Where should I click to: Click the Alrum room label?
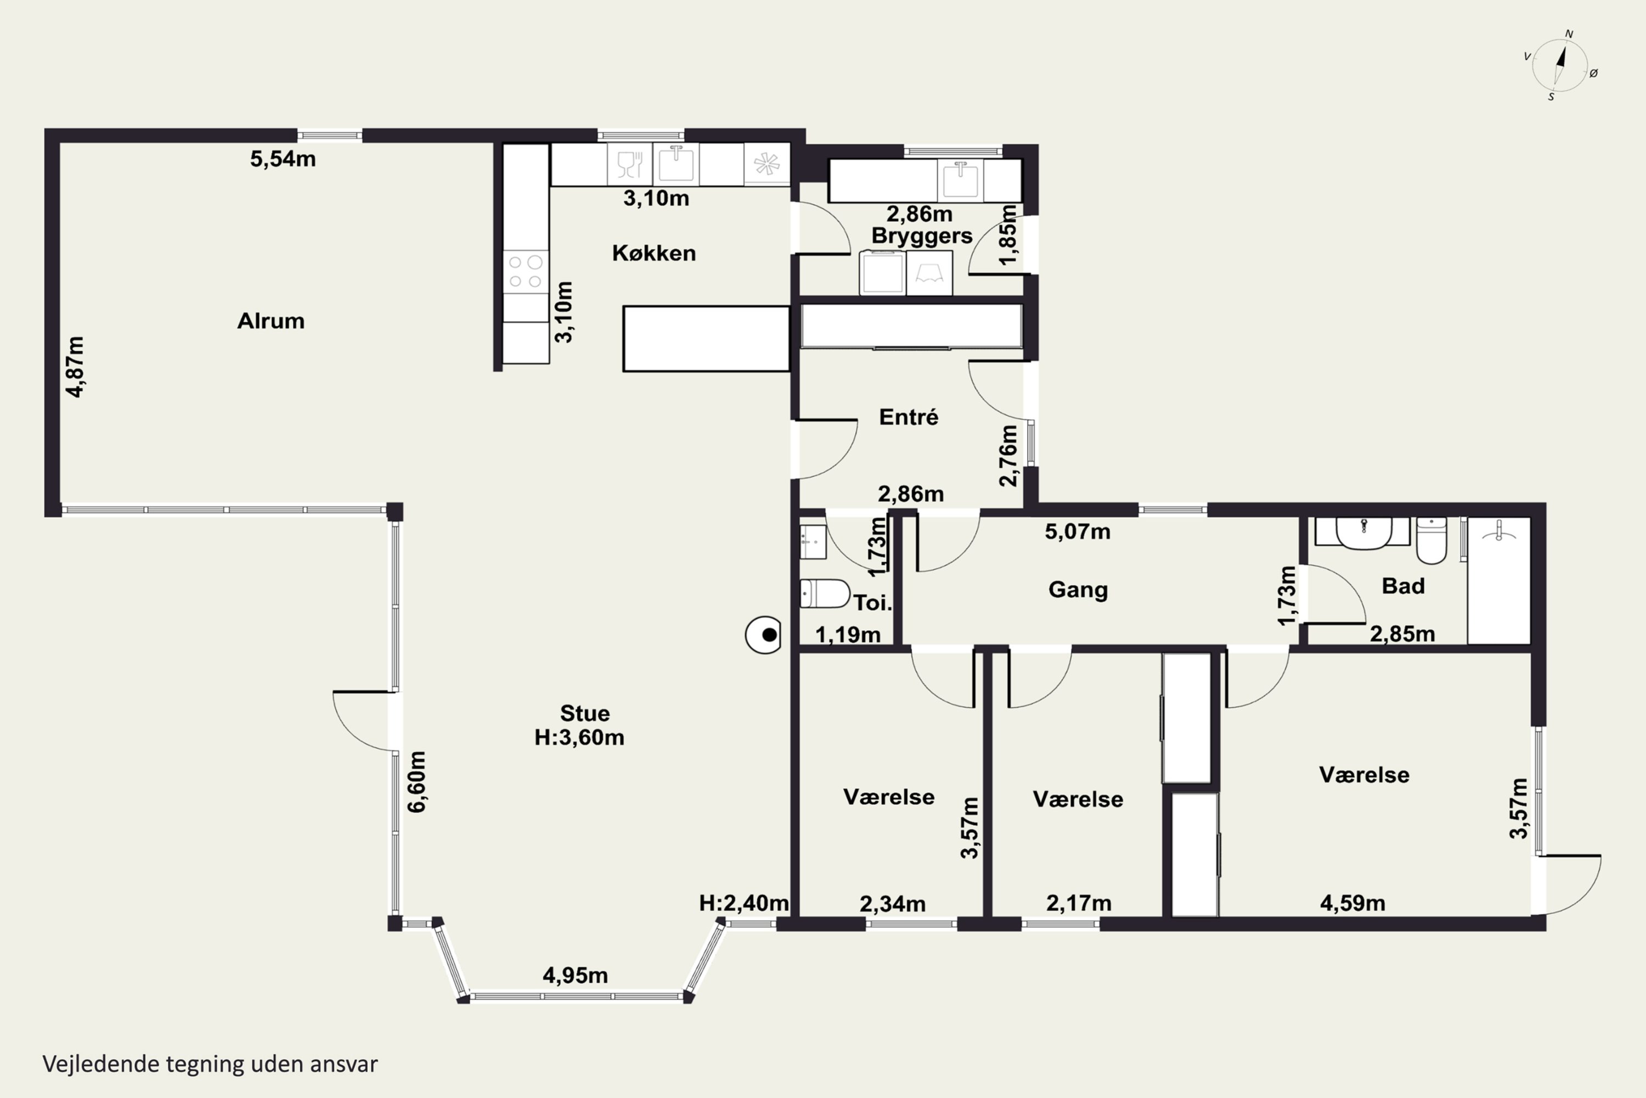(271, 321)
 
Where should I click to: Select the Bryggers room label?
(922, 237)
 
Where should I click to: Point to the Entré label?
(909, 417)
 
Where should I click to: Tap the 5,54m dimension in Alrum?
(283, 159)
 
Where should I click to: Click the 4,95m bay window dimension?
(575, 975)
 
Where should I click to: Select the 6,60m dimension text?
(416, 781)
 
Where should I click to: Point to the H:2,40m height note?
(744, 903)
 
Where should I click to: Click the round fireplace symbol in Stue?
(764, 635)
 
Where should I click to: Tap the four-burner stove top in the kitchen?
(526, 272)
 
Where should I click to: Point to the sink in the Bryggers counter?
(960, 181)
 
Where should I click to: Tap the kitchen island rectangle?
(706, 338)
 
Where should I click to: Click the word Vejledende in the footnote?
(102, 1064)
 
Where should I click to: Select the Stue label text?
(585, 714)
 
